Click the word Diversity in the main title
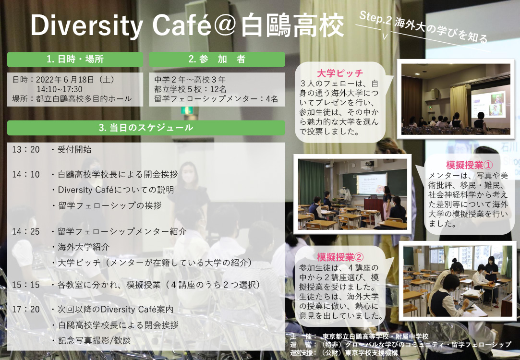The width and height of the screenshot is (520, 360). [x=86, y=25]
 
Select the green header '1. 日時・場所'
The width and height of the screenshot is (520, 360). [x=75, y=59]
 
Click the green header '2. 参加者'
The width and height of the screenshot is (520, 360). [x=217, y=59]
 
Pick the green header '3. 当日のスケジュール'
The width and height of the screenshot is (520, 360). [x=146, y=128]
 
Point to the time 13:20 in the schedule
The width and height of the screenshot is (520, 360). [x=26, y=149]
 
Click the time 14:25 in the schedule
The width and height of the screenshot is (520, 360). [x=26, y=231]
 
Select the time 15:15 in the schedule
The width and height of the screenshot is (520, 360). [x=26, y=285]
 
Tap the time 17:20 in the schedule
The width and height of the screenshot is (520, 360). [x=26, y=309]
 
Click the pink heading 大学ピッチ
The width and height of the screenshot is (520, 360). [x=340, y=73]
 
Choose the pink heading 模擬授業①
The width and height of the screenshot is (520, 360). [x=469, y=165]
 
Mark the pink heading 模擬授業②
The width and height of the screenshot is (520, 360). [x=340, y=257]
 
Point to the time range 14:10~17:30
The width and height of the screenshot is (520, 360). [x=60, y=89]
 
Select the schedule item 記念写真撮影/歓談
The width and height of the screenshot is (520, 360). [x=95, y=340]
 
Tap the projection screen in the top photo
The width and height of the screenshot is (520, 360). [x=488, y=105]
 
